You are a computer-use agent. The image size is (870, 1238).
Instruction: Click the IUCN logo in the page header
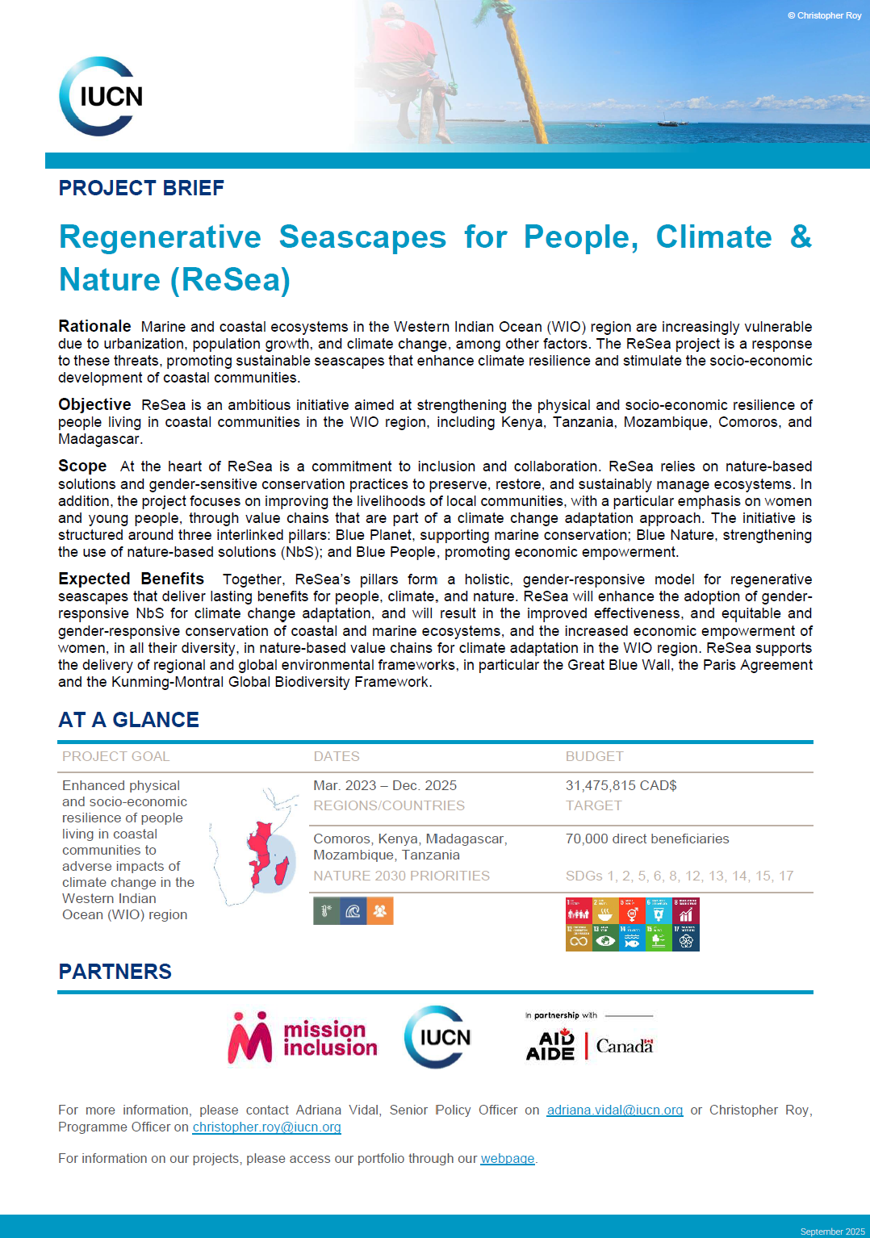pyautogui.click(x=101, y=96)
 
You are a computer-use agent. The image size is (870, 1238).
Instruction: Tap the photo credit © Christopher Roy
pyautogui.click(x=824, y=15)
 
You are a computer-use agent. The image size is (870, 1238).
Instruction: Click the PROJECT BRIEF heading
pyautogui.click(x=141, y=188)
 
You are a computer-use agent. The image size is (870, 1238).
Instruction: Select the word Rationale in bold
pyautogui.click(x=94, y=326)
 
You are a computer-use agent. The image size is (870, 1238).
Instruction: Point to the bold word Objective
pyautogui.click(x=94, y=404)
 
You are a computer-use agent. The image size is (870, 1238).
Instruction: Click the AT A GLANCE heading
pyautogui.click(x=128, y=720)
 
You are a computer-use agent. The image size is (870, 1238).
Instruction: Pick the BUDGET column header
pyautogui.click(x=594, y=756)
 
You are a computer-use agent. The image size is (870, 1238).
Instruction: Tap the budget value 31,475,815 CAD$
pyautogui.click(x=621, y=785)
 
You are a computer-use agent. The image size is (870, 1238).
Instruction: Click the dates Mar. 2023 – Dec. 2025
pyautogui.click(x=385, y=785)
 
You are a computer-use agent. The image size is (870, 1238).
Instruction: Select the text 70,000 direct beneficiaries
pyautogui.click(x=646, y=839)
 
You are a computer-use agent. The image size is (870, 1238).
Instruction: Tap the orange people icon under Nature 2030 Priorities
pyautogui.click(x=380, y=911)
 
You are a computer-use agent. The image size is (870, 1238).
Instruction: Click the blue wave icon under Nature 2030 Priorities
pyautogui.click(x=353, y=911)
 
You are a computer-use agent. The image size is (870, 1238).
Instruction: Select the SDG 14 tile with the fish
pyautogui.click(x=632, y=938)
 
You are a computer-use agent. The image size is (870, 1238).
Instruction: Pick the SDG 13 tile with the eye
pyautogui.click(x=605, y=938)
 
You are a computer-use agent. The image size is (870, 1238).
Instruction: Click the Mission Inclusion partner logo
pyautogui.click(x=303, y=1038)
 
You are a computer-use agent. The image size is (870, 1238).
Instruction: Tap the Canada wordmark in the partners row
pyautogui.click(x=624, y=1046)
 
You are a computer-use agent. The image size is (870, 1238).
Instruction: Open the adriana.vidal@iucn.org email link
pyautogui.click(x=614, y=1110)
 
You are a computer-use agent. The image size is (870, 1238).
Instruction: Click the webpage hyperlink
pyautogui.click(x=507, y=1159)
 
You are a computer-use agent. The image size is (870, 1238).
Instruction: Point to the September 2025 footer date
pyautogui.click(x=832, y=1231)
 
